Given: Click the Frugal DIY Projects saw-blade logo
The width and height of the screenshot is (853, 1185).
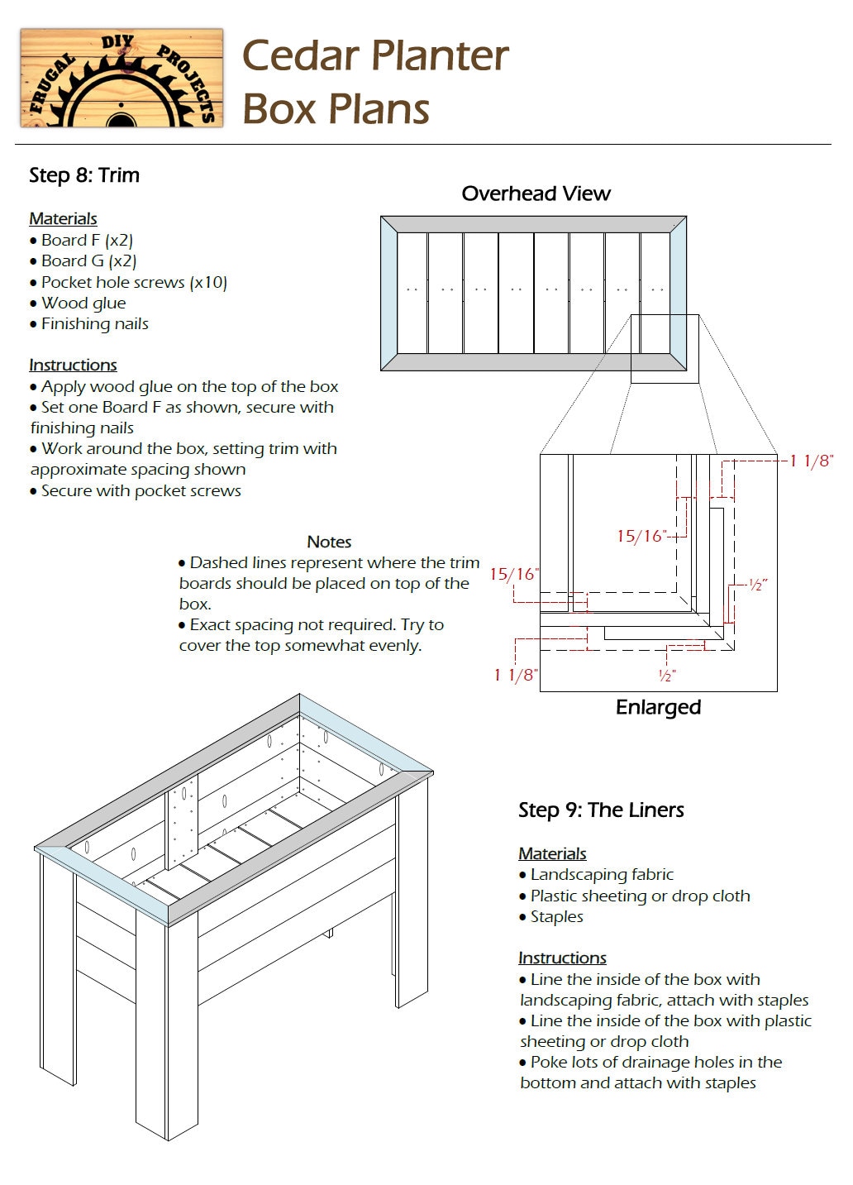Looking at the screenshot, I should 122,79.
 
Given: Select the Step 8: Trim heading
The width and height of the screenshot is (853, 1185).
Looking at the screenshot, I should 84,175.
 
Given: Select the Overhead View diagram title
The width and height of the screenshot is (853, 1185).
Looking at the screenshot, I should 536,194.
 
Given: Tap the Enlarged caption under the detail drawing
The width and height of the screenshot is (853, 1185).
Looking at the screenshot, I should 658,708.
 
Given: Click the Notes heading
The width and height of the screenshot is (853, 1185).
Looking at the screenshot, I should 329,542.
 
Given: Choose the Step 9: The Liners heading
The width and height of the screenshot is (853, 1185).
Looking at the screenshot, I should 601,810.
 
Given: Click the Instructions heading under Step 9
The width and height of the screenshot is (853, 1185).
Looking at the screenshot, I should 562,958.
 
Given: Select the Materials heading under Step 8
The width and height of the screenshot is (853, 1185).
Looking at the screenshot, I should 63,219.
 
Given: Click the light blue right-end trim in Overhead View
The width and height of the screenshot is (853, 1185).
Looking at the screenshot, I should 678,294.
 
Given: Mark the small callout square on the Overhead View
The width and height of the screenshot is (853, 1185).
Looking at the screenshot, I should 665,349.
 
